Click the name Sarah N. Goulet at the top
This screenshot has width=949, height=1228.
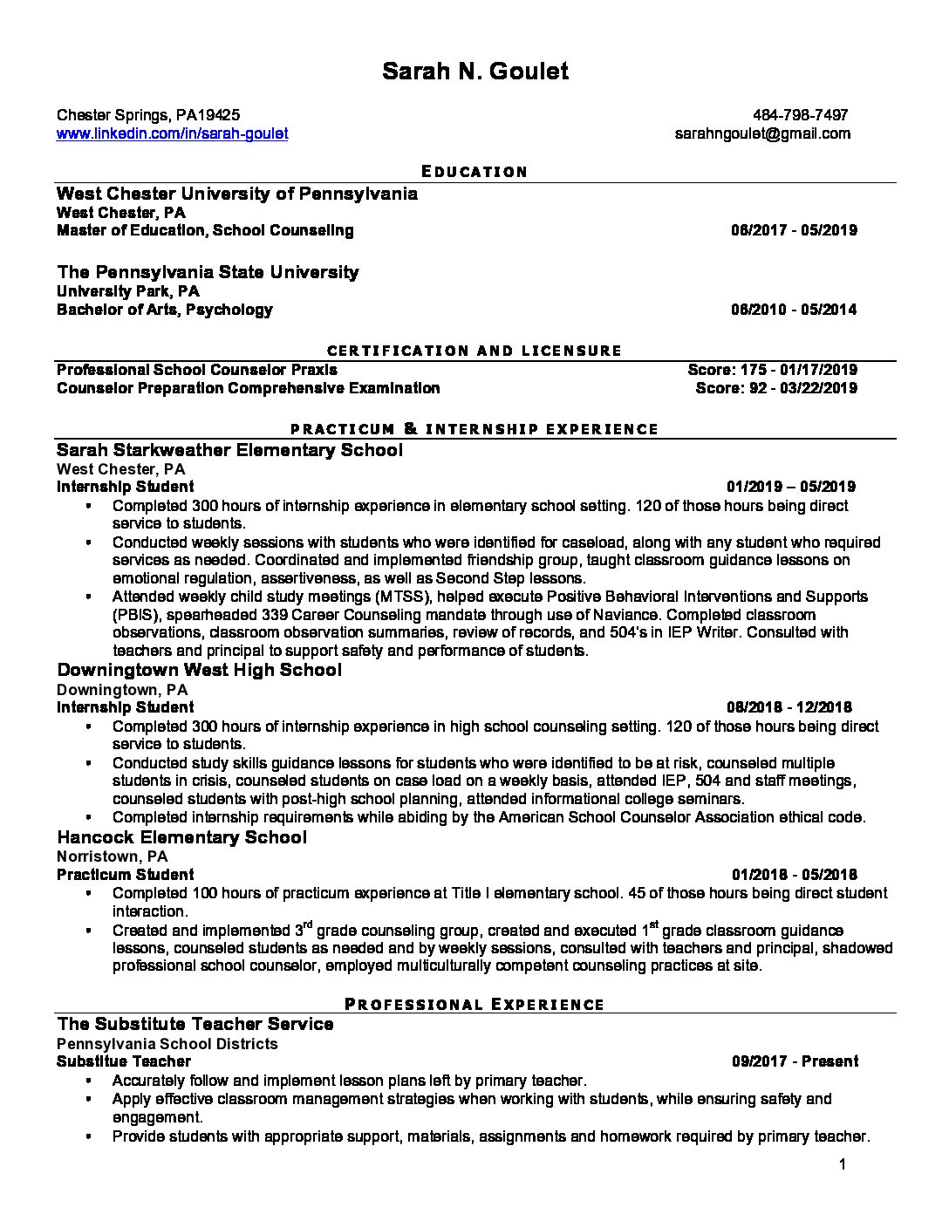[x=474, y=72]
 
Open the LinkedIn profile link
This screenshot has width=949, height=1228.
[x=172, y=133]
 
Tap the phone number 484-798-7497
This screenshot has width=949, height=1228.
[x=800, y=115]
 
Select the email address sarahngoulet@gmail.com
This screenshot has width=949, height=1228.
[x=762, y=133]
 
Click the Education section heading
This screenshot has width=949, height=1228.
[x=474, y=172]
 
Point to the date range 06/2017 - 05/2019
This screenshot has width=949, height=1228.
[x=794, y=230]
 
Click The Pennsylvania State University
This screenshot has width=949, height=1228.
[x=208, y=272]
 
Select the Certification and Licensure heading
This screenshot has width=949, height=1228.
[x=474, y=351]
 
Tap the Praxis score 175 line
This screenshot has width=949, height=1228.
[x=772, y=370]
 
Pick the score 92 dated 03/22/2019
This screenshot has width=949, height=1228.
[x=775, y=388]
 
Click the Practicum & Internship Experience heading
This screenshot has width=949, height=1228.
[x=474, y=429]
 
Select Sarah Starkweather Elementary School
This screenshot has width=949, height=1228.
[x=229, y=450]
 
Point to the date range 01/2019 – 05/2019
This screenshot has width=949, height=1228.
[x=791, y=487]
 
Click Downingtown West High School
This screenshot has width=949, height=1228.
[x=199, y=670]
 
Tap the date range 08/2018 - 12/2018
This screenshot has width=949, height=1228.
[x=789, y=707]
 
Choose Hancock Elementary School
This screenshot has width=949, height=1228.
[x=181, y=837]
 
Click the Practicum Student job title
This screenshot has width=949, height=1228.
[x=126, y=875]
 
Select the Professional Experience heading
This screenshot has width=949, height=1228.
[x=474, y=1004]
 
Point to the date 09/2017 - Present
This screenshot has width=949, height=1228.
[x=795, y=1061]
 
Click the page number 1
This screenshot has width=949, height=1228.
[x=842, y=1164]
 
